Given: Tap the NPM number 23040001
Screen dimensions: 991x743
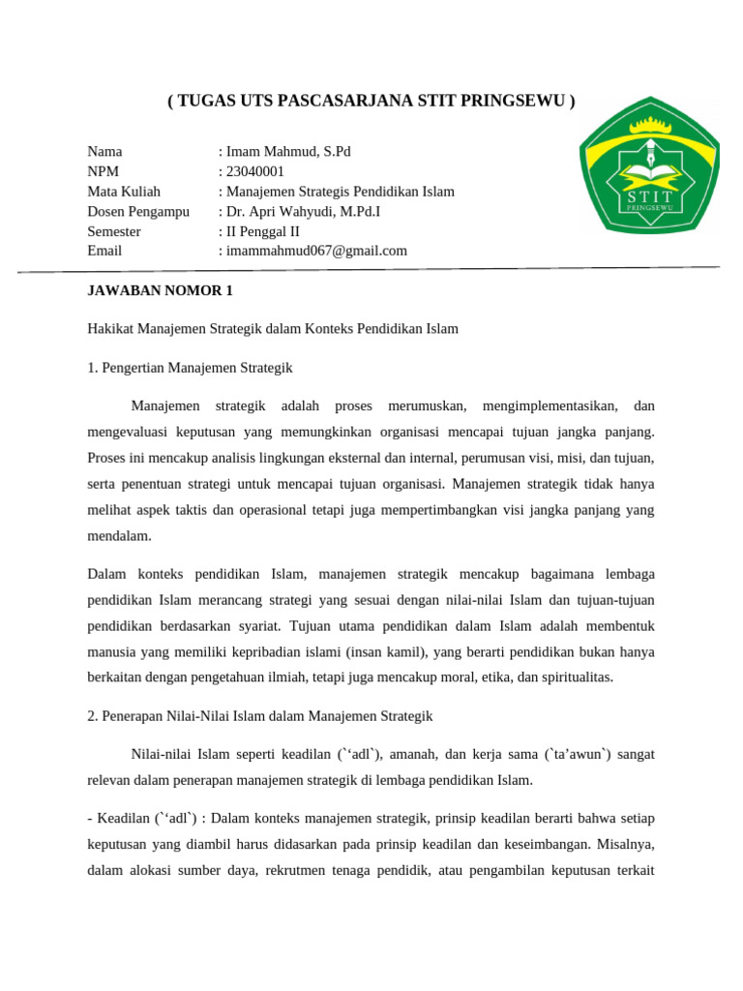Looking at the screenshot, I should tap(254, 171).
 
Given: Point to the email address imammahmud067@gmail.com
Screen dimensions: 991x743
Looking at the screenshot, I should tap(315, 251).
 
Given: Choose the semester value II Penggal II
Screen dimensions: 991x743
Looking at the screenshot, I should tap(262, 231).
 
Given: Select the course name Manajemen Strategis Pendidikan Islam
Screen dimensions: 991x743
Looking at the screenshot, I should tap(339, 192).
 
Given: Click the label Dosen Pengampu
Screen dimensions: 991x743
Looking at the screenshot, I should tap(138, 211).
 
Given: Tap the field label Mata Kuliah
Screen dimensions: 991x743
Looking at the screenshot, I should tap(124, 192).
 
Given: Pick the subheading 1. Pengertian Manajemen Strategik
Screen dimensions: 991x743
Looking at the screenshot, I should tap(190, 368).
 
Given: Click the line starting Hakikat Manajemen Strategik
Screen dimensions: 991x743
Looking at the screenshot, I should tap(272, 329).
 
